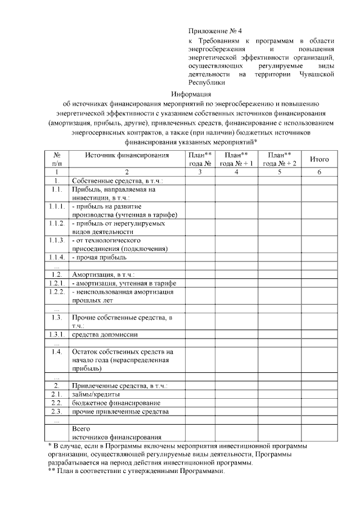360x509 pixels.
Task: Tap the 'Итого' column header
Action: [319, 159]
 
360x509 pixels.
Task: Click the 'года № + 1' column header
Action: [236, 163]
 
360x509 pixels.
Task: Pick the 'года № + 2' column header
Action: [280, 163]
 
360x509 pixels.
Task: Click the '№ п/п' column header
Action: [57, 159]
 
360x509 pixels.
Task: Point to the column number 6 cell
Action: [319, 172]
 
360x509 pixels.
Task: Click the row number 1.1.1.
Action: [57, 206]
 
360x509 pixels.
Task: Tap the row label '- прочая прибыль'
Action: [100, 257]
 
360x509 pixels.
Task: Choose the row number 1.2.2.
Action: [57, 291]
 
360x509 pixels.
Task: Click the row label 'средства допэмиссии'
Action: [105, 334]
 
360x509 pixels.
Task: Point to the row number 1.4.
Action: [57, 352]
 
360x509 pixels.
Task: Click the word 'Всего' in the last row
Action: [82, 429]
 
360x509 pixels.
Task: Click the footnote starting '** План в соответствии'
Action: [136, 471]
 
